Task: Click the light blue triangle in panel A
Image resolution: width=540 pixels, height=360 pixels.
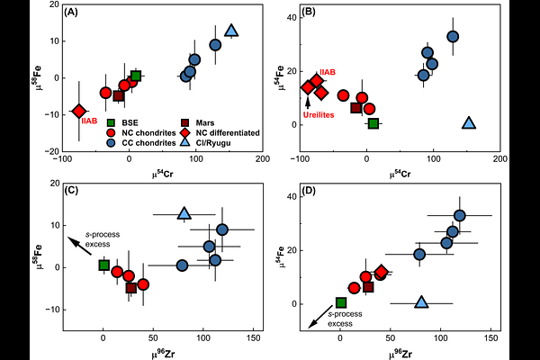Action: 230,31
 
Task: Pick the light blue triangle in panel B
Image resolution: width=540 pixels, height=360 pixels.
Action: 468,122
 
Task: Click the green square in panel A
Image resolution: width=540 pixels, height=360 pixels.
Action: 136,76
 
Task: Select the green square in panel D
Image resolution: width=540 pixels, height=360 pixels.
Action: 341,303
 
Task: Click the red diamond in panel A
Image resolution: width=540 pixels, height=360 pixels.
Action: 80,111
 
